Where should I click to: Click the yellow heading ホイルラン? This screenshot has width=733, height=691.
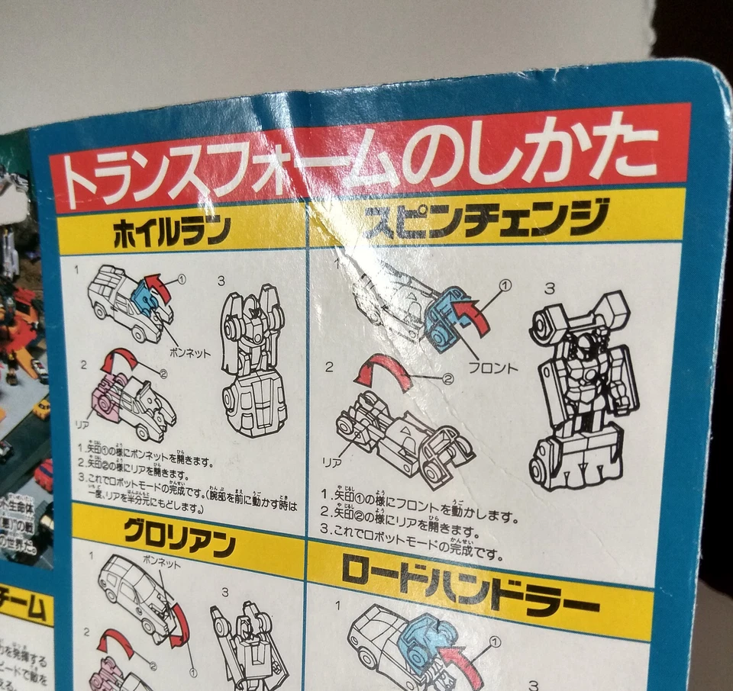pos(172,233)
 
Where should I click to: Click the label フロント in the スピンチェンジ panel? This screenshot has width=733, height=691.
pos(492,368)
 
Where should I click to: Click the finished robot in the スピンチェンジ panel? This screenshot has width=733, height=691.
pos(584,389)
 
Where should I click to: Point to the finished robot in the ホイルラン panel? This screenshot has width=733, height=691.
pos(252,358)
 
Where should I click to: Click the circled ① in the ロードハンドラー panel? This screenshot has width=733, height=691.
pos(494,642)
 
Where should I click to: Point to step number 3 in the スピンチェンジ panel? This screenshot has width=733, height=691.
pos(550,288)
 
